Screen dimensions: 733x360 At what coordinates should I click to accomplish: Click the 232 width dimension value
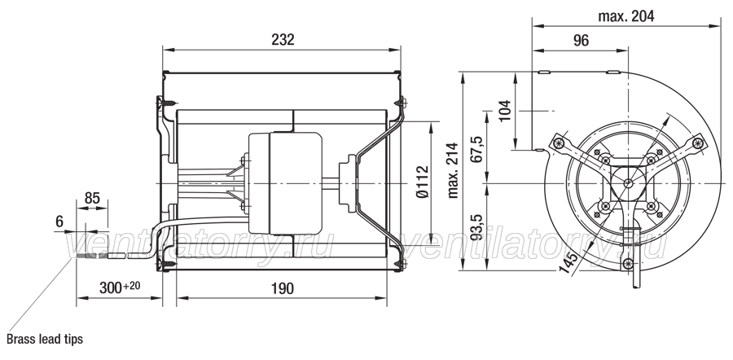click(x=283, y=40)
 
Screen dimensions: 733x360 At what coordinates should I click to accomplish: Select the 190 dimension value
click(x=283, y=288)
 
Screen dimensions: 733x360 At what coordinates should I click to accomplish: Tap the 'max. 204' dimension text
click(x=626, y=16)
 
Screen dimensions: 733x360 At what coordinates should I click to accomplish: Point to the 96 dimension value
click(x=581, y=41)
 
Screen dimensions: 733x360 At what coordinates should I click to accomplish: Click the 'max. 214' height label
click(x=453, y=170)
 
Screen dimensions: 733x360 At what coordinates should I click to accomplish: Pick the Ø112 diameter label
click(x=422, y=182)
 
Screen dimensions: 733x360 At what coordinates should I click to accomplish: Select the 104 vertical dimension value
click(x=505, y=111)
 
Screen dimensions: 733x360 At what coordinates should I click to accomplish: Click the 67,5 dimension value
click(x=476, y=149)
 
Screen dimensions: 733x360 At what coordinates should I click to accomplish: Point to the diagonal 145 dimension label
click(x=568, y=264)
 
